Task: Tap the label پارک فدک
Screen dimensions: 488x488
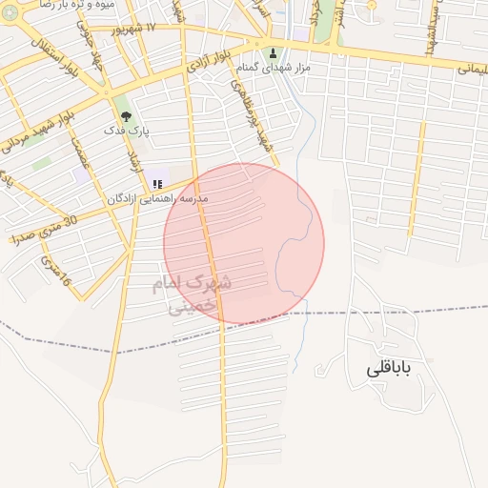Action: point(127,132)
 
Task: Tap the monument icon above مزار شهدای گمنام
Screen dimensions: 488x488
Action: point(274,54)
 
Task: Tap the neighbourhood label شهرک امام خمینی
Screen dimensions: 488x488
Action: point(192,295)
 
